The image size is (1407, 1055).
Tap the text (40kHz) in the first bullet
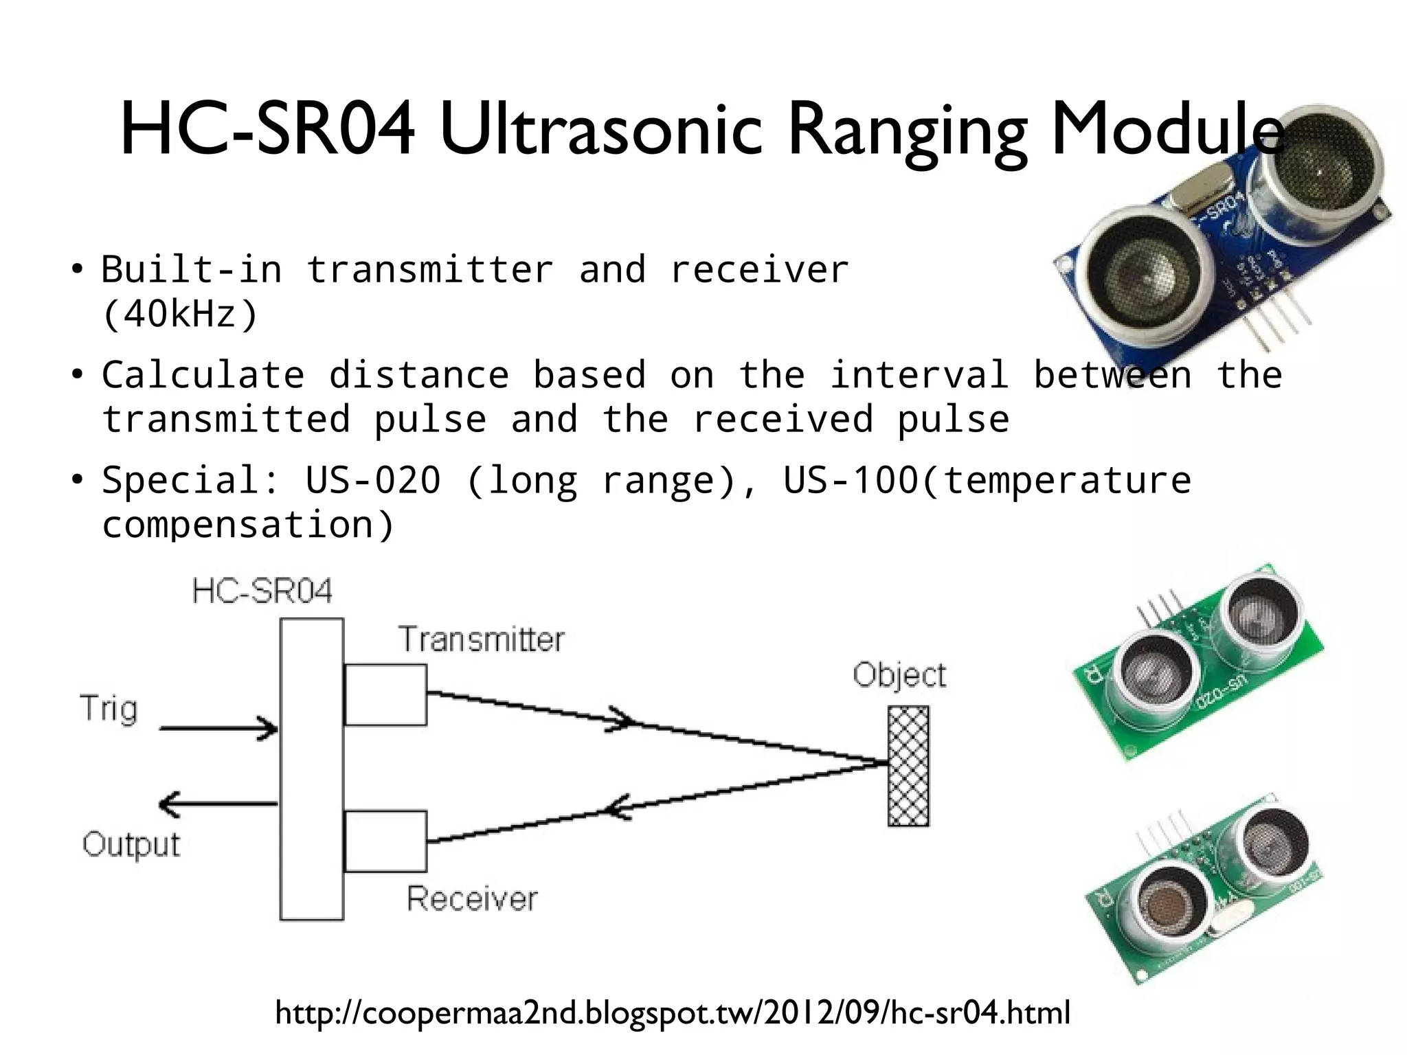pos(179,315)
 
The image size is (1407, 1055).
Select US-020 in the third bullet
pos(372,479)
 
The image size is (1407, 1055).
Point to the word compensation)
pos(248,525)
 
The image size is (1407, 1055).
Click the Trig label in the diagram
pos(109,708)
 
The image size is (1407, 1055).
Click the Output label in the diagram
pos(131,844)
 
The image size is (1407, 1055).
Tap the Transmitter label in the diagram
pos(482,639)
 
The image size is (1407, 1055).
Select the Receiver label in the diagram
pos(472,898)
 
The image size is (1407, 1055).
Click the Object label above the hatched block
pos(899,675)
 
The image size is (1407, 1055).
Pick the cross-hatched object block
pos(908,766)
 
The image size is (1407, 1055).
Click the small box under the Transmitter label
pos(385,694)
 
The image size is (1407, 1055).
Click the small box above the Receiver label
pos(385,841)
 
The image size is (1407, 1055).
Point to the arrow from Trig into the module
pos(218,728)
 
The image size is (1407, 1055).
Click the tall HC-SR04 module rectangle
pos(311,769)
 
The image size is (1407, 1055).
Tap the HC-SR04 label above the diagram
pos(262,591)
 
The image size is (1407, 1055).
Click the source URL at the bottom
pos(673,1012)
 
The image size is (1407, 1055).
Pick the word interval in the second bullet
pos(919,375)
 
